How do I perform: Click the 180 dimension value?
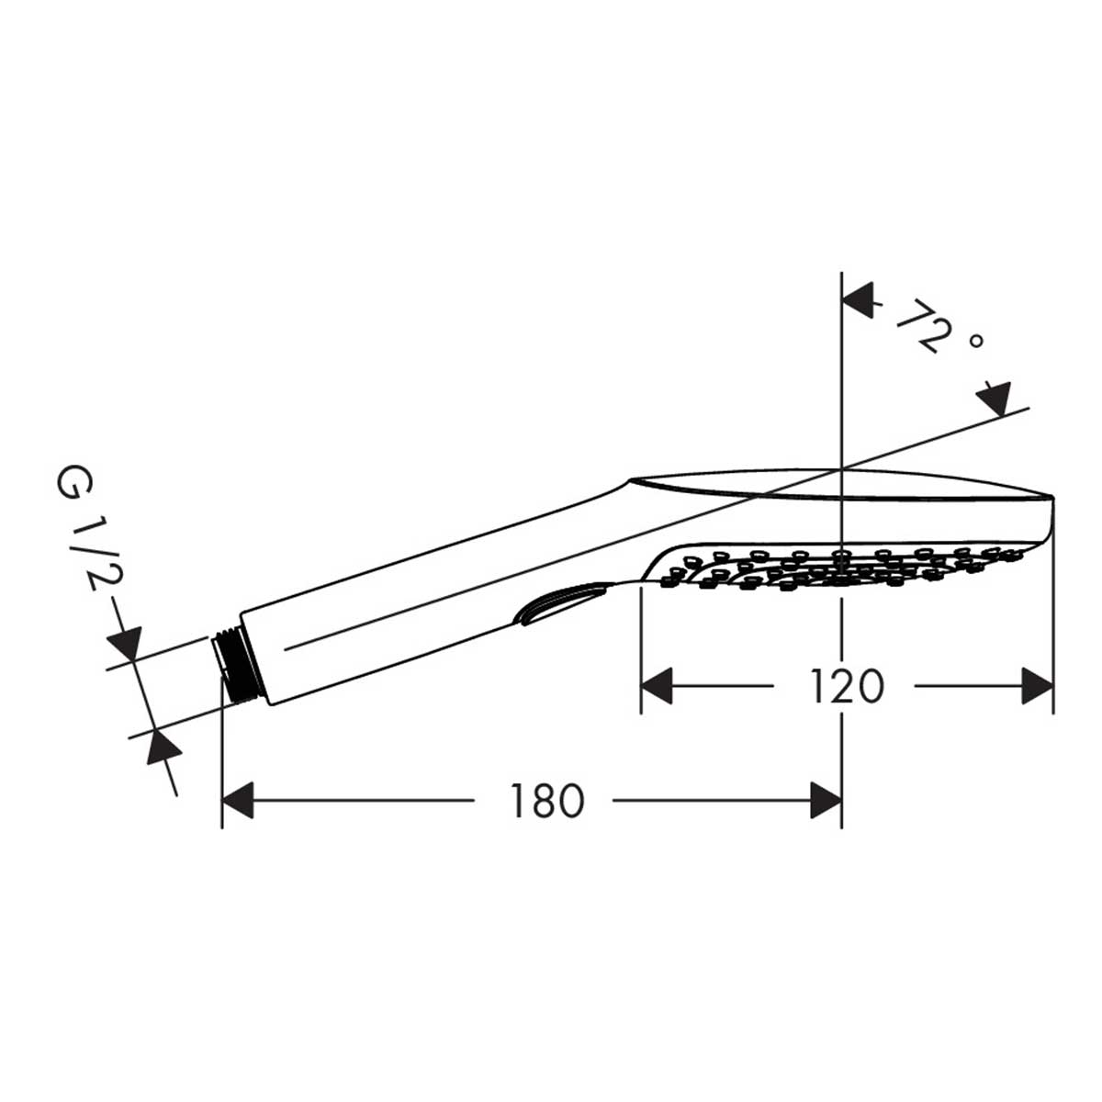point(546,801)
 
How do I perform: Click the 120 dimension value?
point(845,686)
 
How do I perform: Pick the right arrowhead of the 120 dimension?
point(1037,686)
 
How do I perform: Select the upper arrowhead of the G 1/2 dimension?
point(124,643)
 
